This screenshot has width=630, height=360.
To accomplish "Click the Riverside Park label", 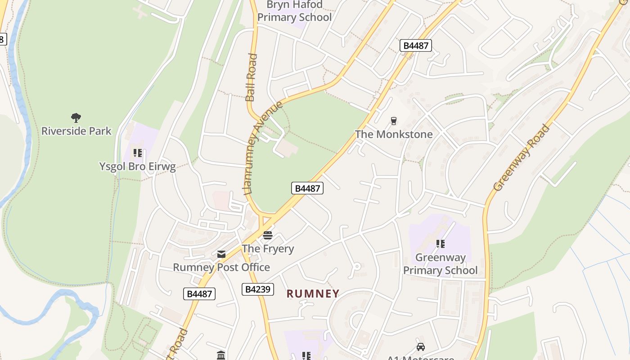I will [76, 131].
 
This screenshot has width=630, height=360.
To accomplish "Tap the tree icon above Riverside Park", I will [76, 118].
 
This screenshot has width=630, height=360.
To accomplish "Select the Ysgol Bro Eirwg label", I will [137, 166].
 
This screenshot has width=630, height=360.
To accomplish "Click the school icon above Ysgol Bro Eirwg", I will [138, 153].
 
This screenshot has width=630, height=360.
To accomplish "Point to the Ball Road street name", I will [251, 77].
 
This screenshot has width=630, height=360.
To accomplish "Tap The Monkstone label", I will [394, 134].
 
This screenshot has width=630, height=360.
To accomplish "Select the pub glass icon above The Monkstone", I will [394, 121].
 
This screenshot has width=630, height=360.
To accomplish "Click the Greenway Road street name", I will [522, 157].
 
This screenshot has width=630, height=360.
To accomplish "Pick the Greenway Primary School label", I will [440, 264].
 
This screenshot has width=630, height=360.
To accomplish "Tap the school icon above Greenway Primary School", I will [441, 244].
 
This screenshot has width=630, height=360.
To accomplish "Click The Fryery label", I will [268, 248].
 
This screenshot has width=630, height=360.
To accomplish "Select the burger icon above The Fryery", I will [268, 235].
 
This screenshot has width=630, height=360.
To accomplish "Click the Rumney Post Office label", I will [221, 267].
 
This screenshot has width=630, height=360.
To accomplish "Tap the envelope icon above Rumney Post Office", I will [221, 254].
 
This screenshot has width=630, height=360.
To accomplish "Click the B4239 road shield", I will [258, 289].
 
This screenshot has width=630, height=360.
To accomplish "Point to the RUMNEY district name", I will [313, 294].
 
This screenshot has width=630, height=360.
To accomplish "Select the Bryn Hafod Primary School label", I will [294, 11].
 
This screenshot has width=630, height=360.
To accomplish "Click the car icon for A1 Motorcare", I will [421, 347].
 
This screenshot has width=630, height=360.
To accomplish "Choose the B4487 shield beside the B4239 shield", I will [199, 294].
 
